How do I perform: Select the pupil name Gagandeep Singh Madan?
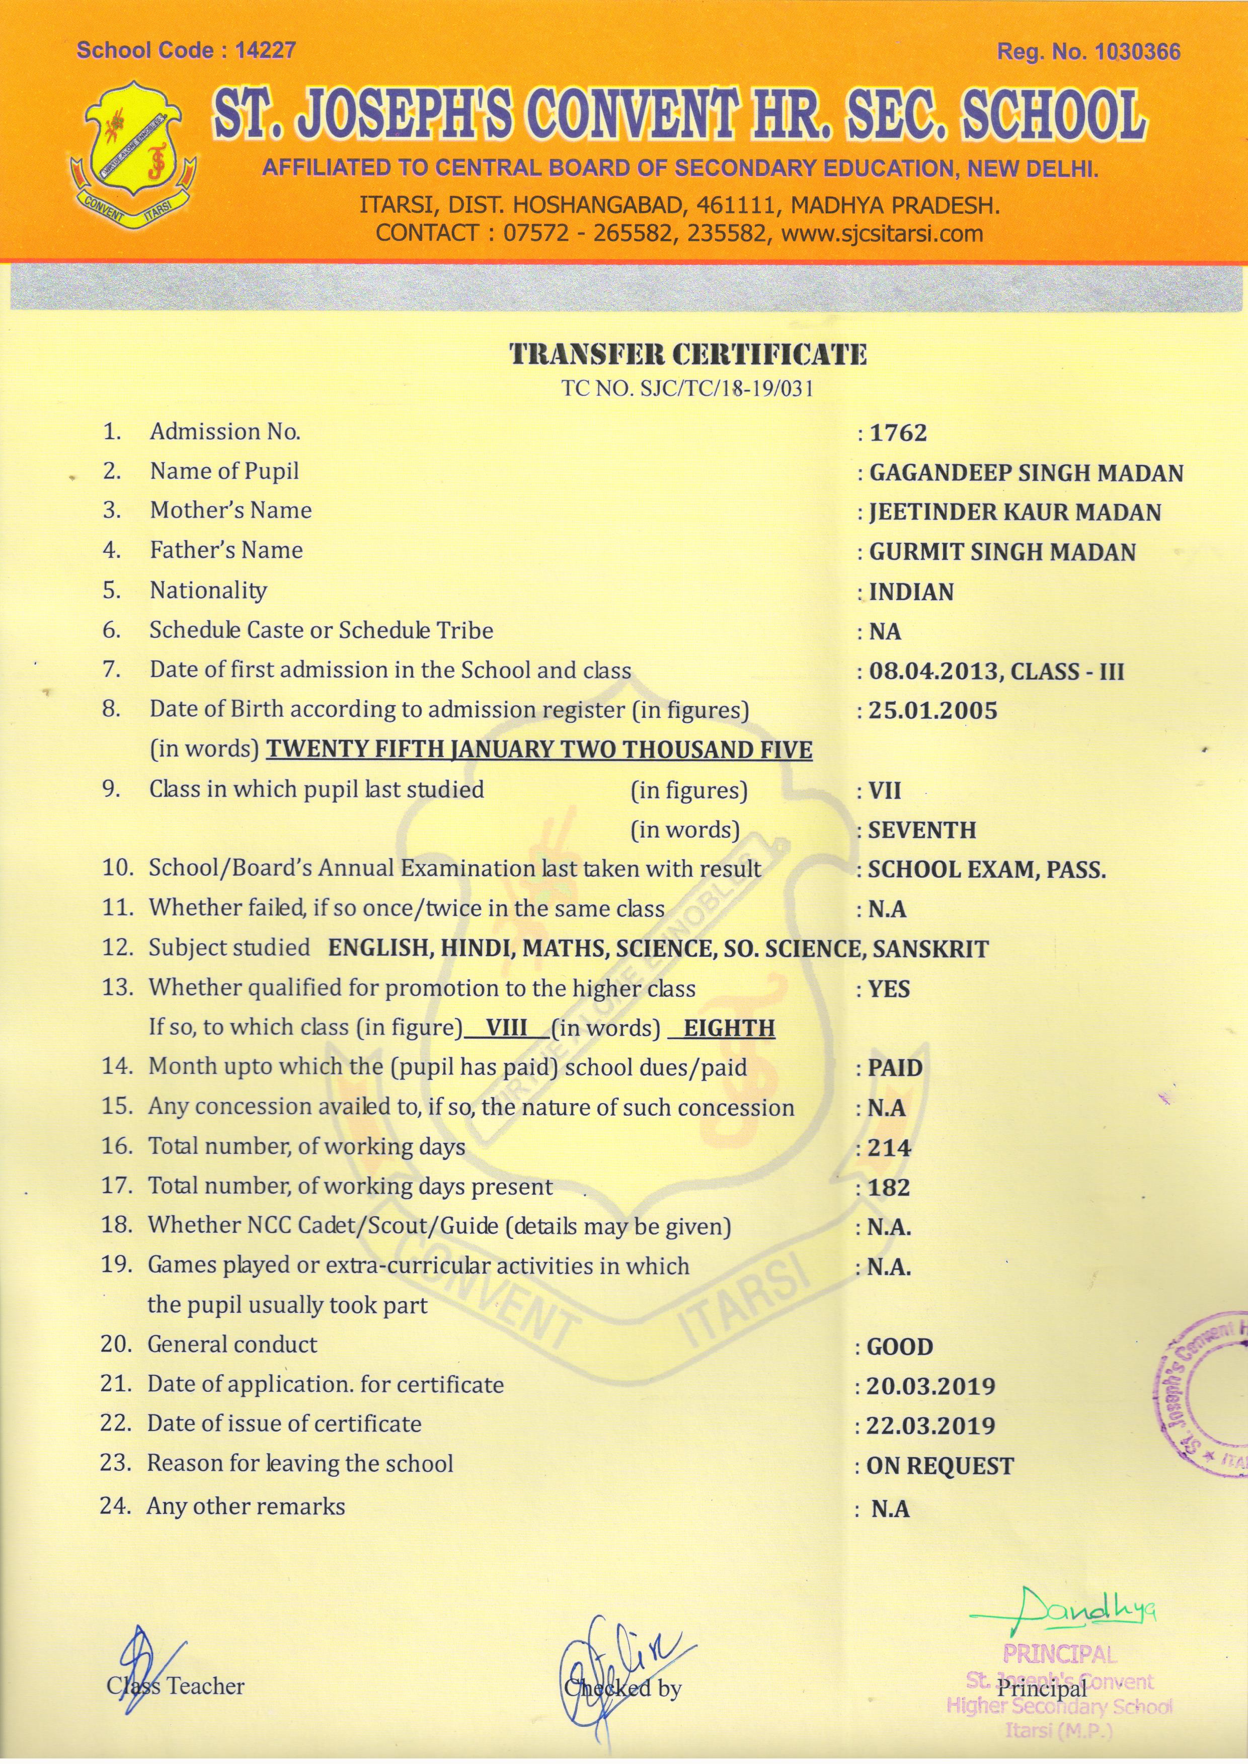point(1026,473)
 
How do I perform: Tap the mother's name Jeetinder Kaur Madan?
point(1015,513)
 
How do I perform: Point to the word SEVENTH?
point(922,830)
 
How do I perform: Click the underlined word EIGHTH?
point(729,1029)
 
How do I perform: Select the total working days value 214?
point(889,1149)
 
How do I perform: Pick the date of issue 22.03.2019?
point(930,1426)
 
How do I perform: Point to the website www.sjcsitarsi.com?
point(882,233)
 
